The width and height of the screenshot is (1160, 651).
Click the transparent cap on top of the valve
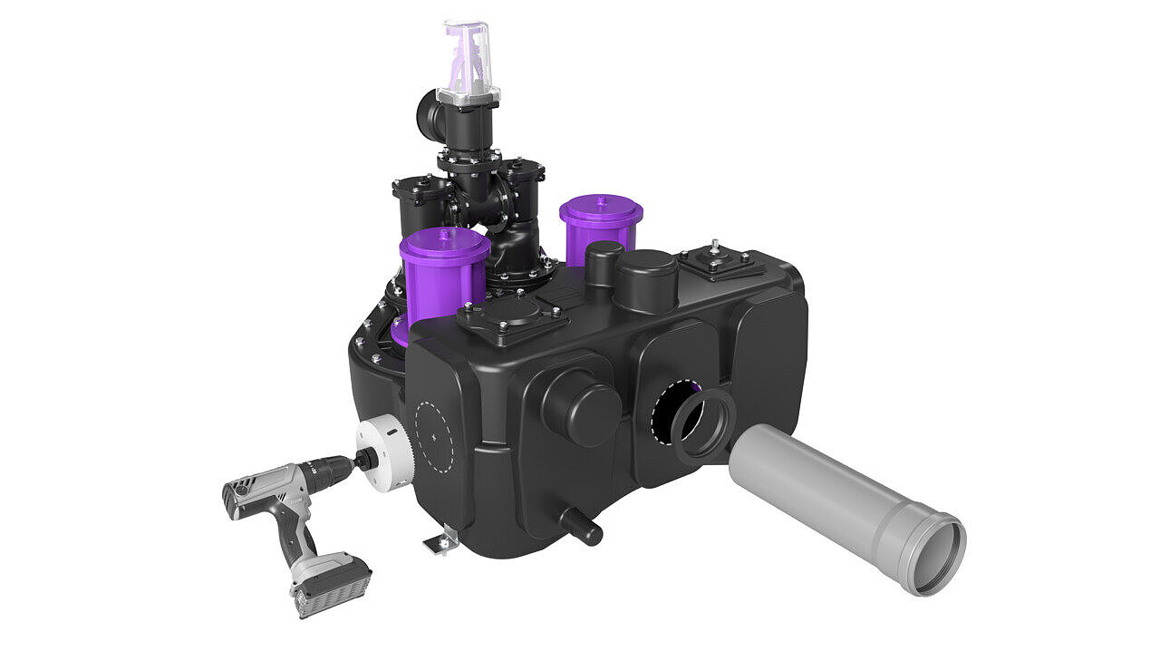(468, 60)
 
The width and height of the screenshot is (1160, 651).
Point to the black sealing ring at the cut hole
(702, 426)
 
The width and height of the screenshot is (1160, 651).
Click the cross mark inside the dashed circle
(435, 436)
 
